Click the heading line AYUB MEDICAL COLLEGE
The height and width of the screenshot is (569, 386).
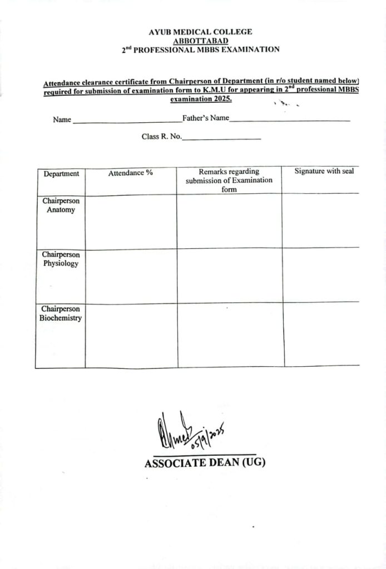pyautogui.click(x=200, y=32)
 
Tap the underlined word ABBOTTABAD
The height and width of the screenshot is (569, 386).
pyautogui.click(x=200, y=41)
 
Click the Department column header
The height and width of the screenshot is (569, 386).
pyautogui.click(x=61, y=174)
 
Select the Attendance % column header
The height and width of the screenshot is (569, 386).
pyautogui.click(x=131, y=173)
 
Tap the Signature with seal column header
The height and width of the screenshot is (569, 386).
pyautogui.click(x=324, y=171)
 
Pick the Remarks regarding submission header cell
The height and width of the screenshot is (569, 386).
pyautogui.click(x=229, y=180)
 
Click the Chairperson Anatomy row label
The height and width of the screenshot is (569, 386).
pyautogui.click(x=61, y=206)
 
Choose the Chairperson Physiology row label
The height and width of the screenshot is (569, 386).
pyautogui.click(x=61, y=259)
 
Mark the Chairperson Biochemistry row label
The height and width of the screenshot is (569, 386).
pyautogui.click(x=60, y=313)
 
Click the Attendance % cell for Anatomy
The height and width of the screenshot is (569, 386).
pyautogui.click(x=131, y=221)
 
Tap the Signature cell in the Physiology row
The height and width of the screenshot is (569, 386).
pyautogui.click(x=321, y=275)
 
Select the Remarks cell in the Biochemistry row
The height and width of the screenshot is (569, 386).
pyautogui.click(x=230, y=335)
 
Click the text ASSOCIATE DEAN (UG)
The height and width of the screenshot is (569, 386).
pyautogui.click(x=205, y=463)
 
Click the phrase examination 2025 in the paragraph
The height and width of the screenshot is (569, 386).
pyautogui.click(x=201, y=99)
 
